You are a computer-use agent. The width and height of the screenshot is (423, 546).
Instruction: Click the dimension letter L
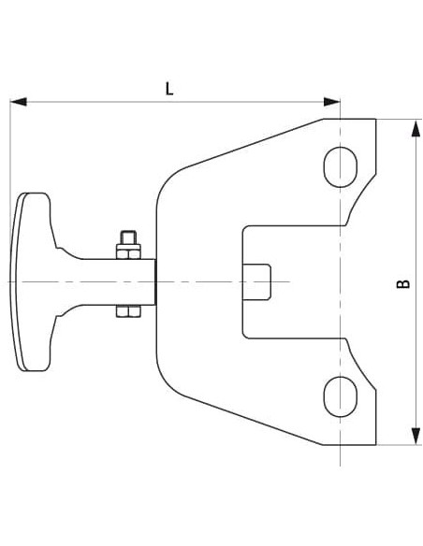tap(169, 89)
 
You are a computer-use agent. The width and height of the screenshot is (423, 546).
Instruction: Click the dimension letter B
tap(403, 282)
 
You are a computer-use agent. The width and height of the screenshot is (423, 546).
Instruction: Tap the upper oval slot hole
tap(340, 165)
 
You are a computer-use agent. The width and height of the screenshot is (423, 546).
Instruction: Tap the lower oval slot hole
tap(340, 395)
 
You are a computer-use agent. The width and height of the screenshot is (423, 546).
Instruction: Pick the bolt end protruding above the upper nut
tap(128, 237)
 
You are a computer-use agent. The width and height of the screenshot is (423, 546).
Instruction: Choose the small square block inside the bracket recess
tap(256, 281)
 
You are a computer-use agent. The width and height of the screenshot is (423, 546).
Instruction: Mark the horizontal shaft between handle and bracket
tap(103, 281)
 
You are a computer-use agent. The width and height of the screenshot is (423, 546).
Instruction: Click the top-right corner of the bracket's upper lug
tap(374, 119)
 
